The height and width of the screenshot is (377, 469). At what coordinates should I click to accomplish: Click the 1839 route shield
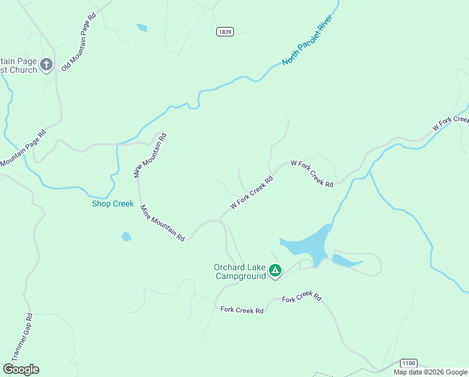[225, 31]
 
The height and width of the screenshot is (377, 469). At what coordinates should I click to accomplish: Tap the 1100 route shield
[408, 363]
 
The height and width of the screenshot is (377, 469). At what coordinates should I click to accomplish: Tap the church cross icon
[46, 64]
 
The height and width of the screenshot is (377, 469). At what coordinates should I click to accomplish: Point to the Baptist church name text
[19, 65]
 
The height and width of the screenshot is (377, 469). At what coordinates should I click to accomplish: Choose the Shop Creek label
[113, 204]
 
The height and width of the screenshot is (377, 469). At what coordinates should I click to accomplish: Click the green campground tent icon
[275, 271]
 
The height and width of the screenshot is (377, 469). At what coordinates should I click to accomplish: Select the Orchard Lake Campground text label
[240, 271]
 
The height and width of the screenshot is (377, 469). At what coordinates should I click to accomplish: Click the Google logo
[21, 369]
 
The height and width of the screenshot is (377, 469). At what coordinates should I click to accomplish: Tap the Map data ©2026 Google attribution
[430, 372]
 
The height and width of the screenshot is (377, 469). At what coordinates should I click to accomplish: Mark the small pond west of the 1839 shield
[142, 28]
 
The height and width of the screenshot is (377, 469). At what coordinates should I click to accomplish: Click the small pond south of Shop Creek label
[126, 237]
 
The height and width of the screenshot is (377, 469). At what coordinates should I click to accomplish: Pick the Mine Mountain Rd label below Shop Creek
[162, 223]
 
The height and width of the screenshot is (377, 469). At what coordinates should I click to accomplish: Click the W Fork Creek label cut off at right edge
[451, 123]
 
